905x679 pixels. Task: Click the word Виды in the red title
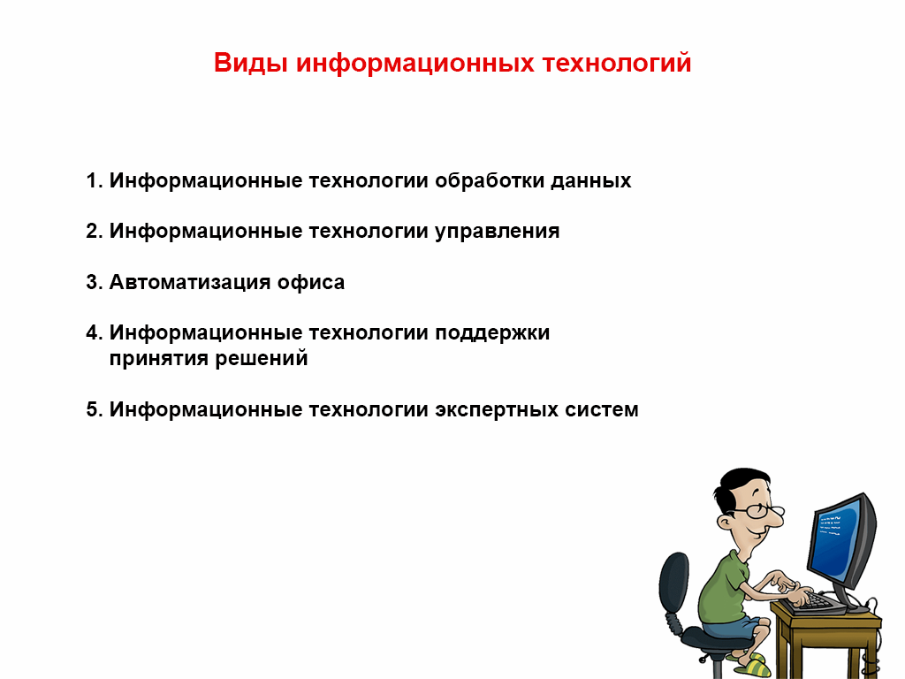pyautogui.click(x=251, y=65)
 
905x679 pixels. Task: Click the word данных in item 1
pyautogui.click(x=590, y=181)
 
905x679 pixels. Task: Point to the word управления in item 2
pyautogui.click(x=498, y=232)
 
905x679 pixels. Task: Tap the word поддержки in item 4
pyautogui.click(x=492, y=333)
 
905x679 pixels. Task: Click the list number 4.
pyautogui.click(x=93, y=333)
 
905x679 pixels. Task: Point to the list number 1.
pyautogui.click(x=93, y=181)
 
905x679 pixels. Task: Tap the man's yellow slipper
pyautogui.click(x=752, y=665)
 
